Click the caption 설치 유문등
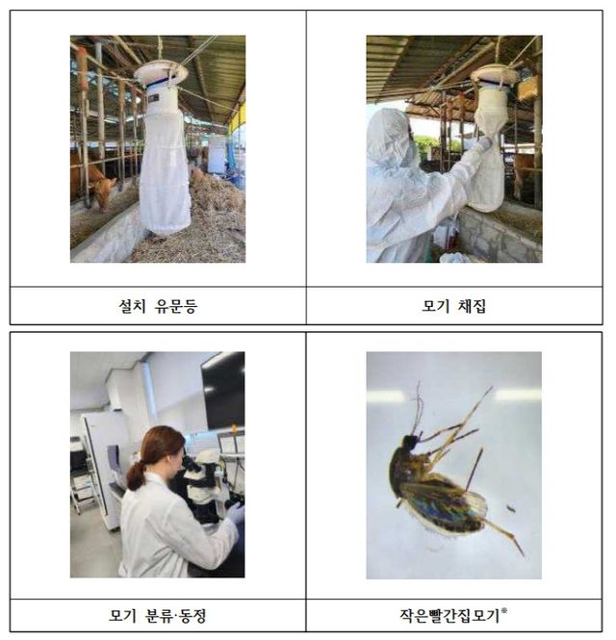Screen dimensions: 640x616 (x=158, y=306)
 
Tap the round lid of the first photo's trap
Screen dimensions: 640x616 (x=161, y=71)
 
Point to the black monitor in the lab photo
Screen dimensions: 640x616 (x=223, y=390)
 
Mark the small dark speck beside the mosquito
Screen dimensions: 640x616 (x=509, y=508)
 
